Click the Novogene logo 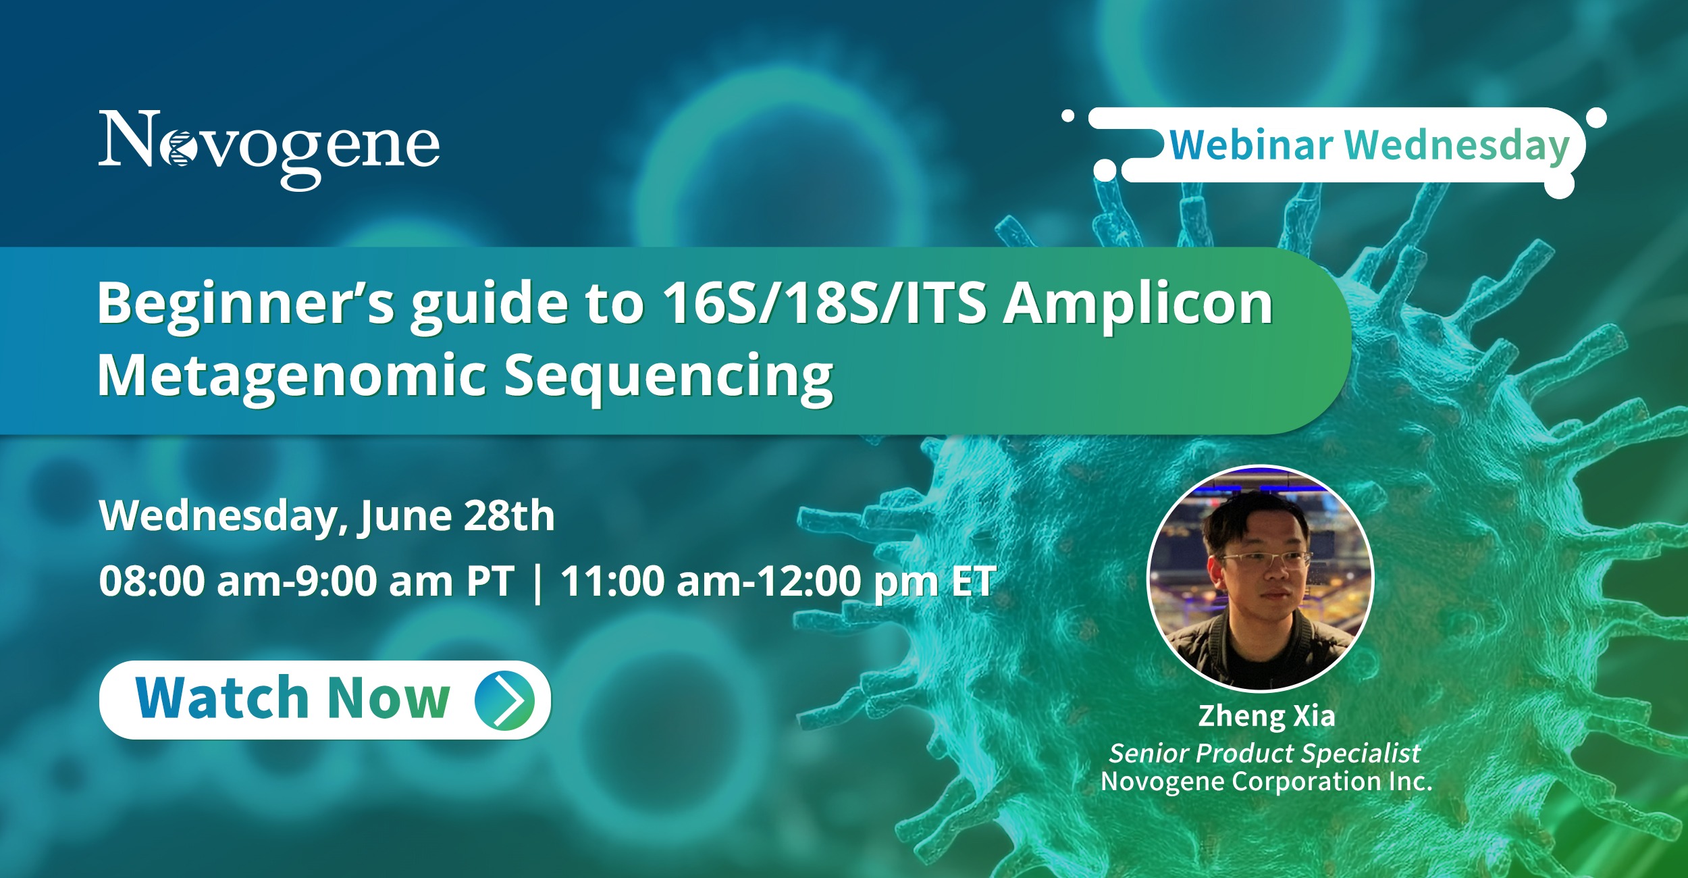[269, 149]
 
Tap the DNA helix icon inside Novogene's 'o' [180, 148]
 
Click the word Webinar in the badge [1251, 145]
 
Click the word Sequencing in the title [668, 378]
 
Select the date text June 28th [457, 517]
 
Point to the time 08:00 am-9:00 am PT [307, 581]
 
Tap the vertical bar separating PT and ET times [537, 582]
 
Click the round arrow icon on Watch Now [504, 700]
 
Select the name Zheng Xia [1267, 717]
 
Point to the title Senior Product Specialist [1265, 753]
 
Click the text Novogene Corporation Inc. [1267, 781]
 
